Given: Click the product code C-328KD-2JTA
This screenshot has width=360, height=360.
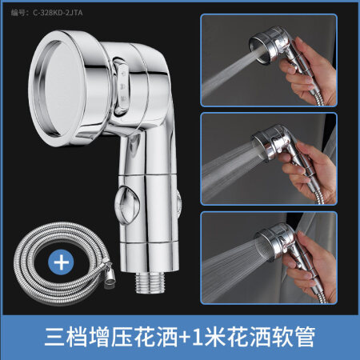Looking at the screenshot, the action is click(58, 13).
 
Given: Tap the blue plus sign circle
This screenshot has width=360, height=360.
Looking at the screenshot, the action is click(61, 262).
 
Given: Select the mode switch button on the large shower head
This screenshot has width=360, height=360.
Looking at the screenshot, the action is click(122, 86).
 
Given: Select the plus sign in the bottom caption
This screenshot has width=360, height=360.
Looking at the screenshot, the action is click(183, 337).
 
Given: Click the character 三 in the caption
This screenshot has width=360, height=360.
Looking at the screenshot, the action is click(55, 337).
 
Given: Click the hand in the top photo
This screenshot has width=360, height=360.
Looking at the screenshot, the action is click(310, 72).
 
